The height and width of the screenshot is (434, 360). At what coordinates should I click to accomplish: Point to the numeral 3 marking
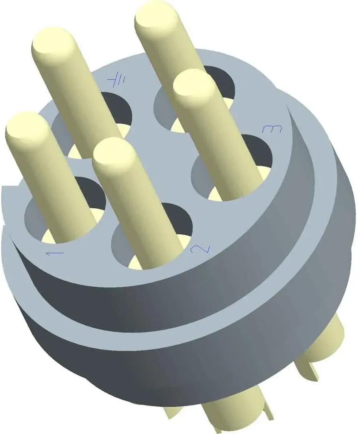272,129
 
